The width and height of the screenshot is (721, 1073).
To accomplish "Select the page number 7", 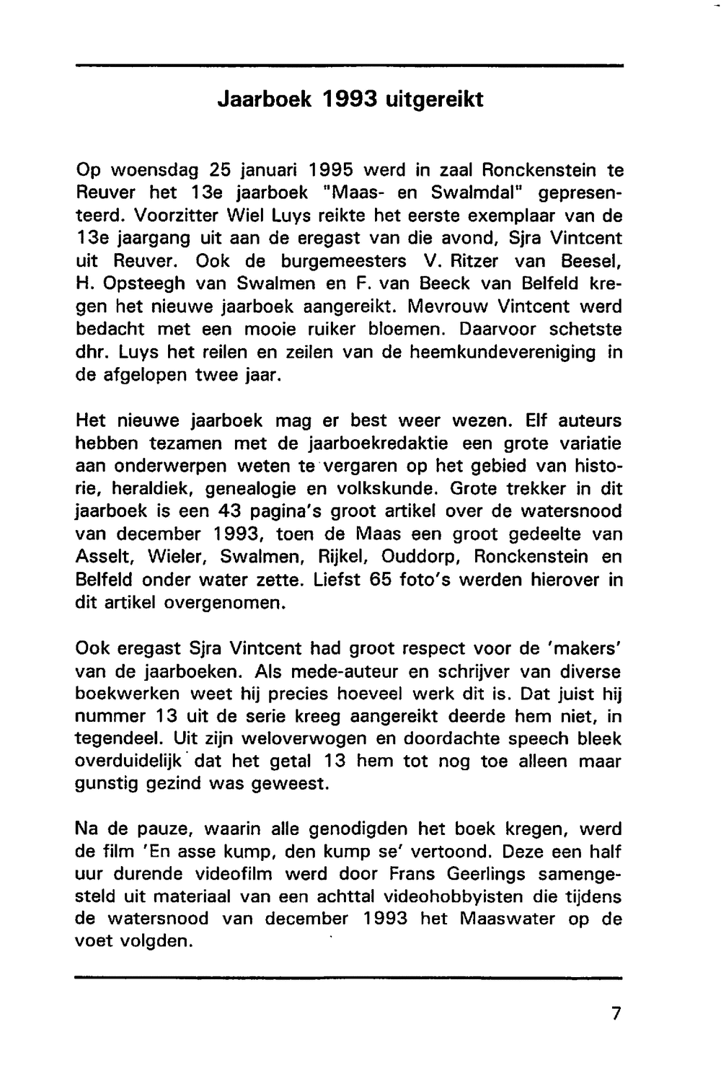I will [x=615, y=1013].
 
